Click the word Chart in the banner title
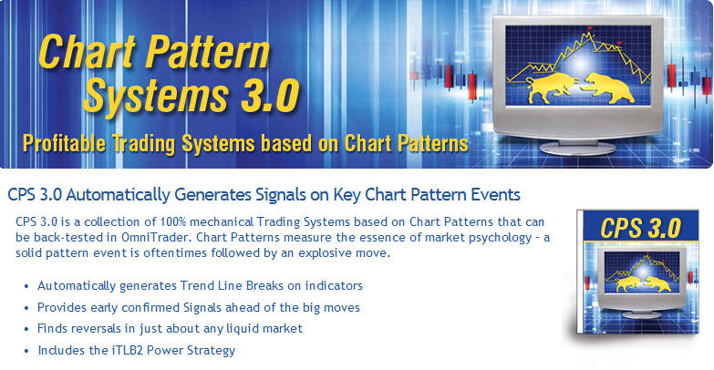pyautogui.click(x=88, y=51)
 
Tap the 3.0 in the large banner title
pyautogui.click(x=270, y=96)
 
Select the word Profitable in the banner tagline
pyautogui.click(x=64, y=144)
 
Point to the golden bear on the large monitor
pyautogui.click(x=609, y=87)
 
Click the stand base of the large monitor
pyautogui.click(x=577, y=149)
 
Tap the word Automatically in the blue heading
pyautogui.click(x=118, y=195)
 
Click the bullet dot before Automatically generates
pyautogui.click(x=26, y=287)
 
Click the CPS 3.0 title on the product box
pyautogui.click(x=640, y=228)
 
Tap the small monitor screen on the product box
pyautogui.click(x=641, y=272)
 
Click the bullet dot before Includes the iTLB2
pyautogui.click(x=26, y=352)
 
